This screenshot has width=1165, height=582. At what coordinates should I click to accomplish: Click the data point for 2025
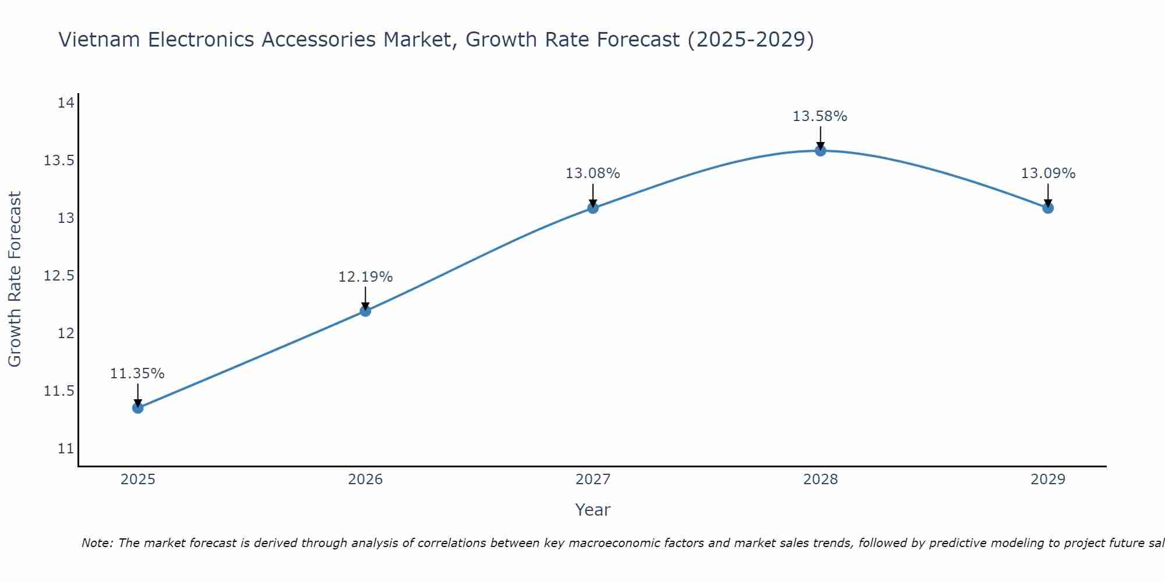(x=137, y=408)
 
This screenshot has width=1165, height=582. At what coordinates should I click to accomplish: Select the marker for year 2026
(x=365, y=311)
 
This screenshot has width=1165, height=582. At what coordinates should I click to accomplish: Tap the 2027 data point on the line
(x=593, y=208)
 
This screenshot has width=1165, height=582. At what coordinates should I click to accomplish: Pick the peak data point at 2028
(x=820, y=151)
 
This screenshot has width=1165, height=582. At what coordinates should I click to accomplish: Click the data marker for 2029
(x=1048, y=208)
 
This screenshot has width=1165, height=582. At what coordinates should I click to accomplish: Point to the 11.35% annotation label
(x=137, y=374)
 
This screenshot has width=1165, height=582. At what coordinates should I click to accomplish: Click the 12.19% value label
(x=365, y=277)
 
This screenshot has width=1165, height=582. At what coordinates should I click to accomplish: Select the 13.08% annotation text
(x=593, y=173)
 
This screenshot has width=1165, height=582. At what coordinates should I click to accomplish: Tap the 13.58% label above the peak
(x=820, y=116)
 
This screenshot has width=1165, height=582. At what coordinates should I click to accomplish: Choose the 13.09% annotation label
(x=1048, y=173)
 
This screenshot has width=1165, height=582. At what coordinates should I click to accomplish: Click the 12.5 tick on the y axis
(x=59, y=275)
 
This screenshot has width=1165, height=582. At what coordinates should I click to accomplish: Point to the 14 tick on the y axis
(x=66, y=103)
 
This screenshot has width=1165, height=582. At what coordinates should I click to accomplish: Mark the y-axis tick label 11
(x=66, y=449)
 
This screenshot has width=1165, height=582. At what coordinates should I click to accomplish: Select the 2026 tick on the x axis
(x=365, y=480)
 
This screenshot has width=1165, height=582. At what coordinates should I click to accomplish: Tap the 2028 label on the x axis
(x=820, y=480)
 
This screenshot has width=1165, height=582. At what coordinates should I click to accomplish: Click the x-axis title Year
(x=593, y=510)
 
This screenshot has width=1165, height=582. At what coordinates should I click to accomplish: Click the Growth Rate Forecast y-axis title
(x=15, y=279)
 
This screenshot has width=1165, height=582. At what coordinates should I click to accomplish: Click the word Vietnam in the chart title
(x=98, y=40)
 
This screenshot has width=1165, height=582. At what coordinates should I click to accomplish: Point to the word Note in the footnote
(x=98, y=543)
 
